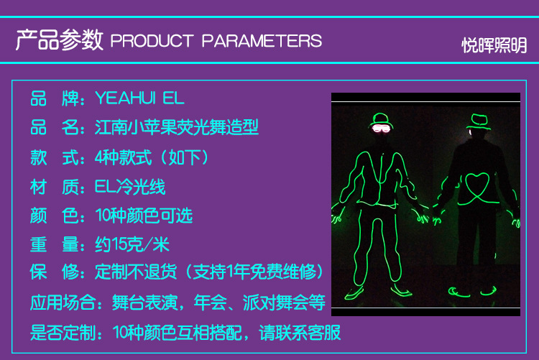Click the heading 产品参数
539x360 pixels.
pos(59,40)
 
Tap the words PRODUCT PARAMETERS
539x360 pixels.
pos(216,41)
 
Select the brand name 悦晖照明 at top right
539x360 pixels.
pos(494,45)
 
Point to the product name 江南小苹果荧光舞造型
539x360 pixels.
pos(177,128)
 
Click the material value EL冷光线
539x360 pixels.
pos(130,187)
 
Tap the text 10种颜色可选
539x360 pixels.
pos(144,216)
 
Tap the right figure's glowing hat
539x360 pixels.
pos(478,120)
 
